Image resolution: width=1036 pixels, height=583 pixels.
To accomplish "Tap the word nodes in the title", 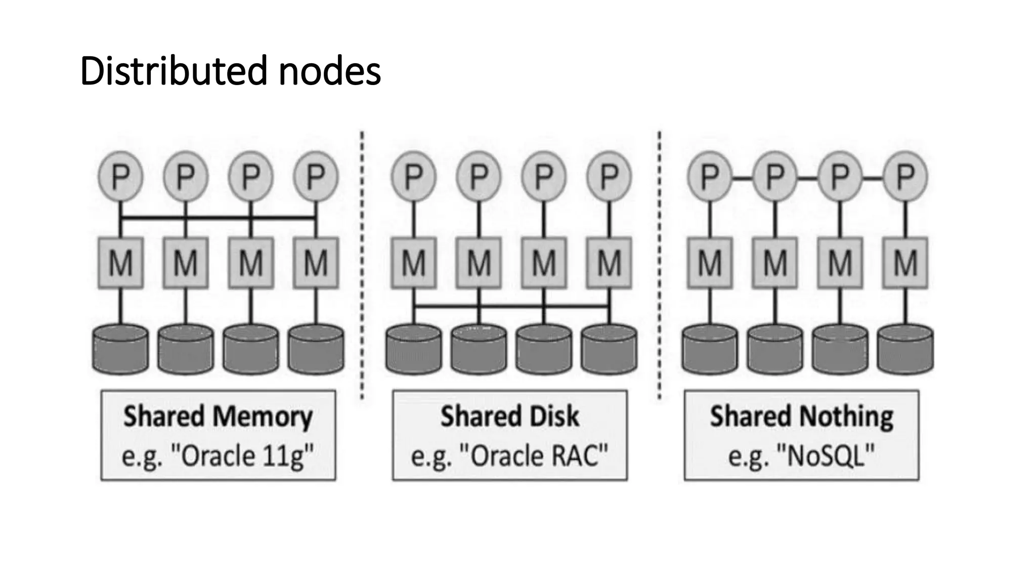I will [329, 71].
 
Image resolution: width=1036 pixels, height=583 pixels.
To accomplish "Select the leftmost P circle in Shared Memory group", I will [120, 177].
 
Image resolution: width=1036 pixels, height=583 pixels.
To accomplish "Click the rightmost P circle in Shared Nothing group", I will [905, 177].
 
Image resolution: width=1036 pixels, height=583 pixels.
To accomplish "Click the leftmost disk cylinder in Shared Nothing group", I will [709, 349].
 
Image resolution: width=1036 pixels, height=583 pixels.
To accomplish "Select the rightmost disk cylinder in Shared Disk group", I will [609, 349].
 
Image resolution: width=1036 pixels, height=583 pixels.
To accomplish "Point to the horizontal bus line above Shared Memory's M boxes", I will [218, 218].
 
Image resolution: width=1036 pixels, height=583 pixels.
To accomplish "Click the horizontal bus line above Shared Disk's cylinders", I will [511, 306].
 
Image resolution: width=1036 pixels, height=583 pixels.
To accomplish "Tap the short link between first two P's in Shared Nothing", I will [742, 178].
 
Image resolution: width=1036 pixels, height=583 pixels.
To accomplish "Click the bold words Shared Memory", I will [218, 417].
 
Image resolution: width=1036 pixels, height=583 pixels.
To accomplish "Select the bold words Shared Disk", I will [509, 417].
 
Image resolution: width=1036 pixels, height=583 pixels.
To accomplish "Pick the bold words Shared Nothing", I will [801, 417].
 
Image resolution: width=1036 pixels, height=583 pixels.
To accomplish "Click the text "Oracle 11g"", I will [243, 456].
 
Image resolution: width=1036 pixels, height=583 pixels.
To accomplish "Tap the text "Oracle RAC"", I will [534, 456].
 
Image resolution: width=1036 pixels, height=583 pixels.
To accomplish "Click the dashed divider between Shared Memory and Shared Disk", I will [362, 263].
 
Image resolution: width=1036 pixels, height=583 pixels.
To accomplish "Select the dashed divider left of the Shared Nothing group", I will [659, 263].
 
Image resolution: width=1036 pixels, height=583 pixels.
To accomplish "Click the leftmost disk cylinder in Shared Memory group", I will [120, 349].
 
